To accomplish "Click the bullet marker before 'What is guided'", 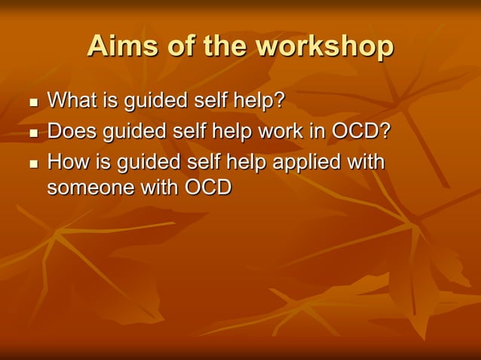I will point(32,102).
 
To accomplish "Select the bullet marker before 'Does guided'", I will point(32,134).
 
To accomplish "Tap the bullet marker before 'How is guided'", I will point(32,164).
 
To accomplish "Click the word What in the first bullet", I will point(72,99).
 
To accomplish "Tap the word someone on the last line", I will point(90,188).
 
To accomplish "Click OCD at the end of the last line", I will point(207,188).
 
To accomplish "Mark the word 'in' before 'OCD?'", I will point(318,131).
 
